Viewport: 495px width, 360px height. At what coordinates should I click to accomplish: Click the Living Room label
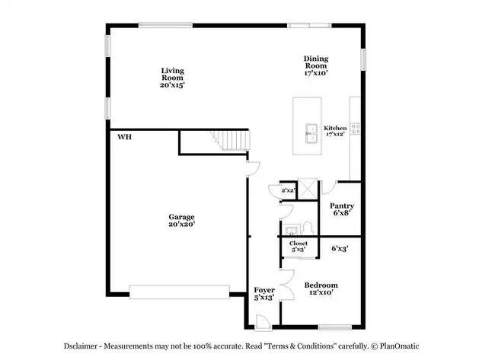click(172, 74)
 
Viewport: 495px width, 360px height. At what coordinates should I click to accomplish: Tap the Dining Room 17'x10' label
click(316, 65)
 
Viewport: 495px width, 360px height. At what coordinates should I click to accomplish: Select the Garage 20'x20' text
click(181, 220)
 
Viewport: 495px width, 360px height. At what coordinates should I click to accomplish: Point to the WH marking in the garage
click(124, 137)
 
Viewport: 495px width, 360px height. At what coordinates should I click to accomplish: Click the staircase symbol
click(231, 140)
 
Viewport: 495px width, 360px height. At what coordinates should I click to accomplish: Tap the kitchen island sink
click(311, 133)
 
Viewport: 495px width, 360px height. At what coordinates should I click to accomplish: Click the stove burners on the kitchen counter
click(356, 129)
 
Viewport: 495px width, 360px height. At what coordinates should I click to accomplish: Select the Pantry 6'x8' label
click(342, 209)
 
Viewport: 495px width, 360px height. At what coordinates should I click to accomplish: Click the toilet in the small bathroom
click(308, 228)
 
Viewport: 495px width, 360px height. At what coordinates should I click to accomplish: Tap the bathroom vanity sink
click(291, 230)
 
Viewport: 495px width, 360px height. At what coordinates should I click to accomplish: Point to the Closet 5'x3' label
click(299, 247)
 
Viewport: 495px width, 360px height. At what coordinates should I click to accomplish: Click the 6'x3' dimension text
click(340, 249)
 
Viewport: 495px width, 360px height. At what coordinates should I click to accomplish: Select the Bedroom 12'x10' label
click(321, 288)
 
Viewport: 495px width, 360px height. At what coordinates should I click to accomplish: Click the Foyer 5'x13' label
click(264, 294)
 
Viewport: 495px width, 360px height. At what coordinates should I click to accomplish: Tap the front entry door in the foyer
click(263, 323)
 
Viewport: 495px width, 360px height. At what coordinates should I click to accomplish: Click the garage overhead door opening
click(179, 292)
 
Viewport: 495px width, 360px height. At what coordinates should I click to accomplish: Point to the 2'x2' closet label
click(288, 190)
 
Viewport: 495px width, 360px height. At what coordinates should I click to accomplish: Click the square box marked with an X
click(308, 189)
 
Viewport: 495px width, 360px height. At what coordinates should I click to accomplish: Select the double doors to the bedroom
click(287, 285)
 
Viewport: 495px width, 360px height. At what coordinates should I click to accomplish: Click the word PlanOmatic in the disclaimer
click(399, 346)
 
